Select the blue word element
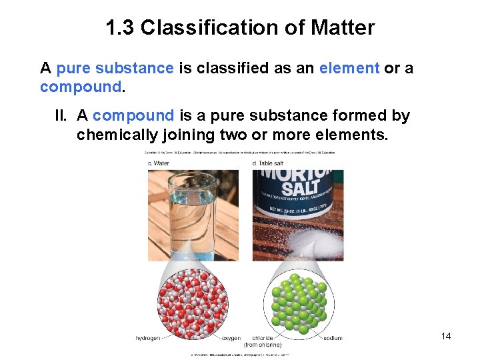(349, 68)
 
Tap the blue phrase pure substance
(115, 68)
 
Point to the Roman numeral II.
(61, 115)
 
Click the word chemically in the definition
(116, 135)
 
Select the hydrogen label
(147, 339)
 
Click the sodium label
(333, 339)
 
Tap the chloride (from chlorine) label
(262, 341)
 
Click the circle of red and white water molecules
(193, 304)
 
